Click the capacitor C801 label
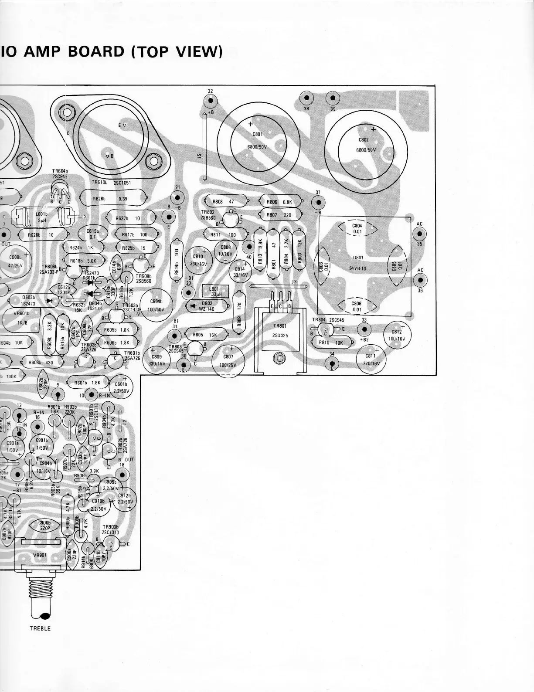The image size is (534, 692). [257, 134]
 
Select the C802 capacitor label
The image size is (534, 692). [364, 140]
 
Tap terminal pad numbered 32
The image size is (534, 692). [211, 101]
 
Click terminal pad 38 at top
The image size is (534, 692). [306, 98]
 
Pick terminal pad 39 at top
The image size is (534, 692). [333, 98]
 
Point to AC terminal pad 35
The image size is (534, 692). [419, 234]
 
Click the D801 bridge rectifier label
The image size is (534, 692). [358, 258]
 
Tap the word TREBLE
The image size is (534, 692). [40, 628]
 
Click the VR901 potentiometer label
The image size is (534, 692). [40, 556]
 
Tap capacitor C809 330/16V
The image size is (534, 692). [153, 360]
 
